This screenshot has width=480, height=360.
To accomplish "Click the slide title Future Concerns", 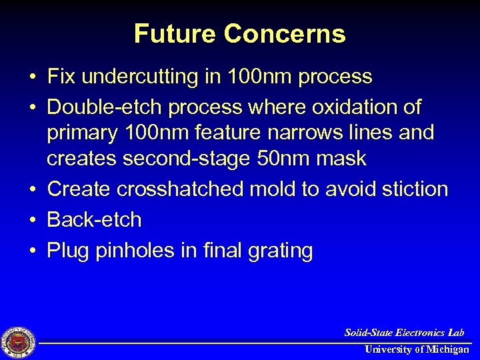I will (240, 33).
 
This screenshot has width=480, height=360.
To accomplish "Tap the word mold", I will (278, 189).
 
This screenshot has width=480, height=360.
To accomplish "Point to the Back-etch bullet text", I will (94, 220).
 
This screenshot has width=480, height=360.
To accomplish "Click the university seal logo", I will (19, 343).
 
